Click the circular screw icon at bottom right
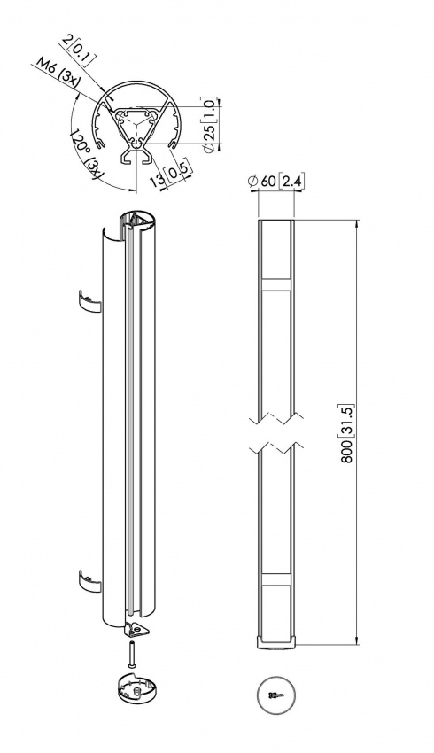click(276, 696)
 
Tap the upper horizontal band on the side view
click(276, 286)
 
